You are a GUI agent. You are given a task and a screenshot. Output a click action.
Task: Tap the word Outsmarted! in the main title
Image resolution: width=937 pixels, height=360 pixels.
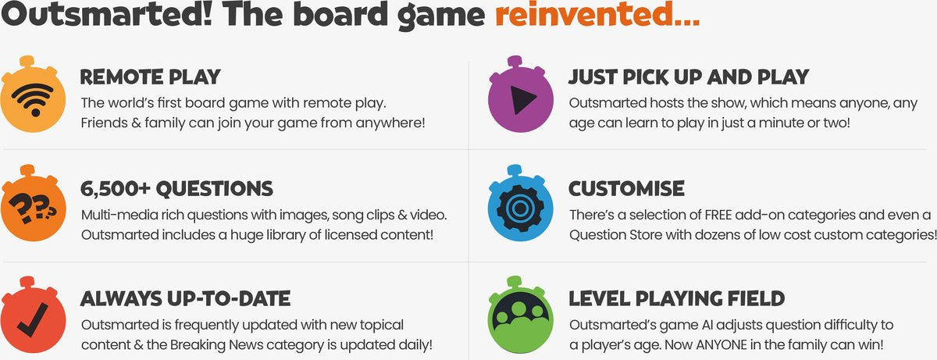tap(107, 14)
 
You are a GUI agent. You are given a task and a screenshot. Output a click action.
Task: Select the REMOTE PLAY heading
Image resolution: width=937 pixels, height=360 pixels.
tap(150, 77)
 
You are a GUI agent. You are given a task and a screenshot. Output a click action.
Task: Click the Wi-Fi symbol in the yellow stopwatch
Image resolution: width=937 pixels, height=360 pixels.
tap(33, 99)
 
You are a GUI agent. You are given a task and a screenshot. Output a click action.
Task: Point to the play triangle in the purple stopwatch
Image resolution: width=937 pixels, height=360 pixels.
tap(522, 100)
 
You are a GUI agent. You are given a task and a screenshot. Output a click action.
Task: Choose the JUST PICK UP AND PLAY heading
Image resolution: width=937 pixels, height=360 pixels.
tap(689, 77)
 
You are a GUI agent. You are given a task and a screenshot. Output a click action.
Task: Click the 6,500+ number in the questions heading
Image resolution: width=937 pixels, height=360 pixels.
tap(115, 188)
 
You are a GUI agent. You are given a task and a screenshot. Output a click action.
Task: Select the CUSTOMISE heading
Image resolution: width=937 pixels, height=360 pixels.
tap(626, 188)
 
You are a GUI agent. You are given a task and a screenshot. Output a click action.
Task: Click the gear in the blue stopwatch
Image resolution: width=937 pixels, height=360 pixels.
tap(521, 208)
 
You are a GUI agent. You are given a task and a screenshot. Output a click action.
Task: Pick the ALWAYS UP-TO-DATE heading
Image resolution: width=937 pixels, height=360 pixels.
tap(185, 298)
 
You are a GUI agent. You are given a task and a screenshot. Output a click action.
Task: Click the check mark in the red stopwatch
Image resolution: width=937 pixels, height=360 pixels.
tap(32, 319)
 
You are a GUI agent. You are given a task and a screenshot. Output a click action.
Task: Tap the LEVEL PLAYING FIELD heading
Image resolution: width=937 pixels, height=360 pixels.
tap(676, 298)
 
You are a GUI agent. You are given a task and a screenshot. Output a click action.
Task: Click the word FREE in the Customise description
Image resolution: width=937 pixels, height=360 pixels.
tap(718, 215)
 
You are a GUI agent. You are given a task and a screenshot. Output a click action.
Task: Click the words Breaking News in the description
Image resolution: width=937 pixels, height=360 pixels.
tap(216, 345)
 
